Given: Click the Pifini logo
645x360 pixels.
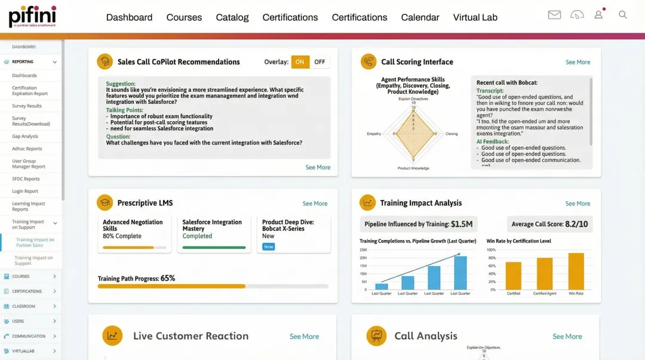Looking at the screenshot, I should (x=32, y=16).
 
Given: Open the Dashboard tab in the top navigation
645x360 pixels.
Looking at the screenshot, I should (x=129, y=17).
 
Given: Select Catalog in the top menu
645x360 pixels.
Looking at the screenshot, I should (x=232, y=17).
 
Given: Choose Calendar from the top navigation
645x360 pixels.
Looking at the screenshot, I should (x=420, y=17).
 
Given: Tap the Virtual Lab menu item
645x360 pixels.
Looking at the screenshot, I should (x=475, y=17).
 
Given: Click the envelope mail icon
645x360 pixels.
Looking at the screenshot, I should (x=554, y=15).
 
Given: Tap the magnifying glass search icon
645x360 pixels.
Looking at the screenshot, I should (x=623, y=15).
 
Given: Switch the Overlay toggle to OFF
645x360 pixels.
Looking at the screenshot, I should (x=320, y=62).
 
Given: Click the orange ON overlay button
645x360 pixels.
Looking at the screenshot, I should (x=300, y=62).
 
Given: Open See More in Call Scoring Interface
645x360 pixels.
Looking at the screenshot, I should (x=578, y=62).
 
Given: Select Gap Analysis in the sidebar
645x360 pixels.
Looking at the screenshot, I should (x=25, y=136).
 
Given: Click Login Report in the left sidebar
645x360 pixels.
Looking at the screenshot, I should (x=25, y=191).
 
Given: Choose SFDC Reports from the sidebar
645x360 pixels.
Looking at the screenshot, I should (x=26, y=179).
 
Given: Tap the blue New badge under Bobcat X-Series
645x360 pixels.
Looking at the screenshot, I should (x=268, y=247).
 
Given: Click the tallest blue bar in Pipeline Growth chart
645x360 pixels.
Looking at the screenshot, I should (x=460, y=273).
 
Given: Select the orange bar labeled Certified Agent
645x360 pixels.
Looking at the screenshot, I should (x=544, y=274).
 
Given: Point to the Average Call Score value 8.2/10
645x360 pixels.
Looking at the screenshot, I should (x=576, y=224).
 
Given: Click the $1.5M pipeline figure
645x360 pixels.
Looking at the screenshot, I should (x=462, y=224).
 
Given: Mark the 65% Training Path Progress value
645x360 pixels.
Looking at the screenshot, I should (x=168, y=278).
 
